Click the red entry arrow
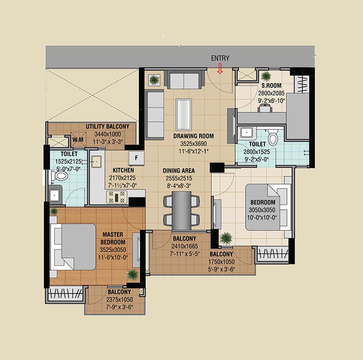coord(220,69)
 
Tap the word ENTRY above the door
coord(220,58)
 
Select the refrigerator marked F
coord(136,158)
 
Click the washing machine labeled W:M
coord(78,139)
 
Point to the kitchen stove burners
coord(117,197)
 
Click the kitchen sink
coord(96,161)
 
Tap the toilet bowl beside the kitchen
coord(60,176)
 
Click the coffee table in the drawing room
coord(184,115)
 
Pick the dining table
coord(181,211)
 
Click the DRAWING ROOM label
coord(194,136)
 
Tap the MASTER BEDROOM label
coord(113,238)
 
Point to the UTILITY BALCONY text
coord(108,126)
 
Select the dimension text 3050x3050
coord(262,210)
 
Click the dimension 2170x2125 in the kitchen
coord(123,178)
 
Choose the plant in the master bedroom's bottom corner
coord(133,275)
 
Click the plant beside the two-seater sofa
coord(154,80)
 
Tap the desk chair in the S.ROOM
coord(265,108)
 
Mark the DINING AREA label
coord(179,171)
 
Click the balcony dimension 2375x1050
coord(119,300)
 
